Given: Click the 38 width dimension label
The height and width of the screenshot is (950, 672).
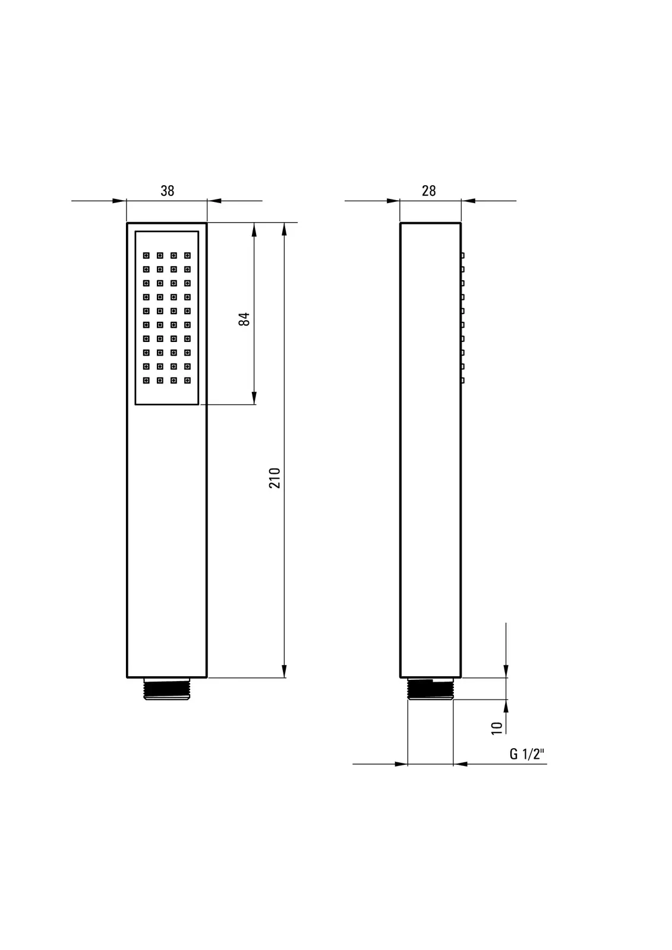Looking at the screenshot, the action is (x=167, y=191).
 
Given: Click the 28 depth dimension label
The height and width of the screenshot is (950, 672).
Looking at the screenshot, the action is (x=429, y=191).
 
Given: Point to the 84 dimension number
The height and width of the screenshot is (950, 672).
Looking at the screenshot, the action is (x=244, y=319).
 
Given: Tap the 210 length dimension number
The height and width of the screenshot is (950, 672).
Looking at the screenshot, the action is (x=275, y=478).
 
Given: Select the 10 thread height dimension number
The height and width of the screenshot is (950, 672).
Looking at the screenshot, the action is (x=497, y=728).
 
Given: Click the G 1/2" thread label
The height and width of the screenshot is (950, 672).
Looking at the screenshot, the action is (x=527, y=754).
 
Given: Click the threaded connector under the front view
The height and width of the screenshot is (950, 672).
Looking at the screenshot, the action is (x=167, y=689).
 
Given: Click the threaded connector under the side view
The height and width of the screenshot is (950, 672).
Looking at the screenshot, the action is (x=430, y=689).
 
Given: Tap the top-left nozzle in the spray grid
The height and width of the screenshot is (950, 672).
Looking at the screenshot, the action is (x=146, y=255).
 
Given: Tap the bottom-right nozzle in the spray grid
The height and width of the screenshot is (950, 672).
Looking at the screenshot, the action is (x=187, y=381).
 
